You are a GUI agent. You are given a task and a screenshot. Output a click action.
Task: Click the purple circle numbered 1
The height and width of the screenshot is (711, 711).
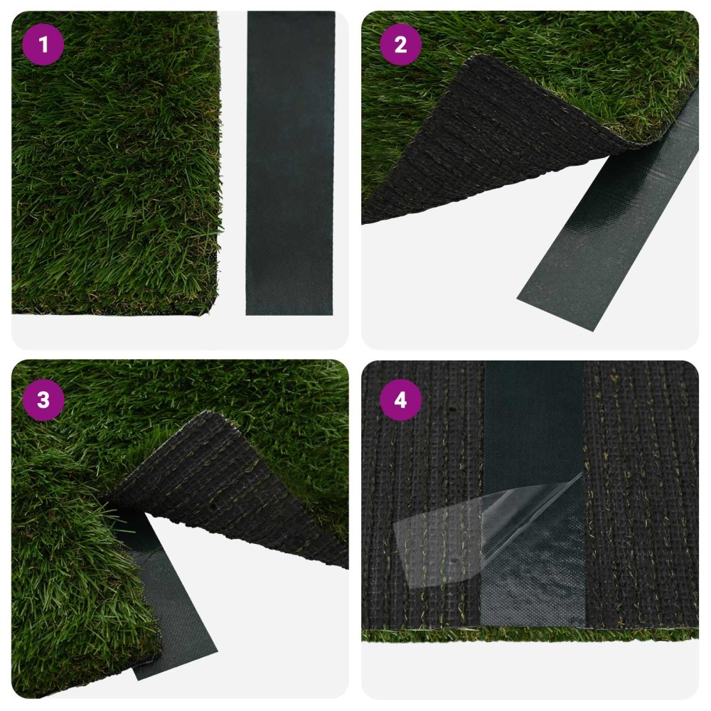pos(43,44)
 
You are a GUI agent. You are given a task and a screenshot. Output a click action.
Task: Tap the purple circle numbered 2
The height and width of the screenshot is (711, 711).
pos(400,44)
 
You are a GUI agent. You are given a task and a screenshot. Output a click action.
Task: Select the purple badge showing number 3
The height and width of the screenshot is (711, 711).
pos(43,400)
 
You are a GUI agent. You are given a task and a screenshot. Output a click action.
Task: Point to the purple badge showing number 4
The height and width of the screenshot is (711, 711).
pos(400,400)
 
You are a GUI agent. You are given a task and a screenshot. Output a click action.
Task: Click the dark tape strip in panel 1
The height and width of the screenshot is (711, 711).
pos(290,164)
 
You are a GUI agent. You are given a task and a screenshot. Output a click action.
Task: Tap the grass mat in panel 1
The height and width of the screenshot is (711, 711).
pos(116,164)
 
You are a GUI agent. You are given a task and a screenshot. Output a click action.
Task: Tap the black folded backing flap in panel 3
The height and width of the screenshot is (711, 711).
pos(231,490)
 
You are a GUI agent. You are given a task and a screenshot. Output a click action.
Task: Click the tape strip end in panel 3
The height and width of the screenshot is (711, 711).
pos(177,644)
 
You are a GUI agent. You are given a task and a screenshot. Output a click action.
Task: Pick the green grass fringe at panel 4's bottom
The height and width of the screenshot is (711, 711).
pos(530,635)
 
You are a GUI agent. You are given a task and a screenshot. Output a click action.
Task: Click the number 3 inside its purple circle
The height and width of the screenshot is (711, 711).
pos(43,400)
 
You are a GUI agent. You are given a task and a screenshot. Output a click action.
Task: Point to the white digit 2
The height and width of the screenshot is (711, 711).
pos(400,44)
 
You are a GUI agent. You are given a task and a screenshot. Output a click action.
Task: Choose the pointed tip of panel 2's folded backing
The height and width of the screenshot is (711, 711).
pos(475,57)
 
